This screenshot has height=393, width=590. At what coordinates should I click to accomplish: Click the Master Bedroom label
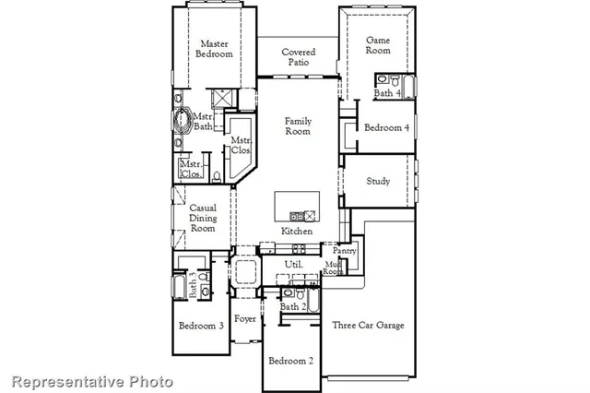coord(215,48)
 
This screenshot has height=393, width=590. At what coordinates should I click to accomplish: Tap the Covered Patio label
coord(298,58)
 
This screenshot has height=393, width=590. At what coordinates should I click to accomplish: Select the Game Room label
coord(379,46)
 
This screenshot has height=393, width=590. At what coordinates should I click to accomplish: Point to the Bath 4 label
coord(387,93)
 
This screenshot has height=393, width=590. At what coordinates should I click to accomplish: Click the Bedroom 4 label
coord(386,127)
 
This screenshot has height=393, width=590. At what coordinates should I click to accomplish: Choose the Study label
coord(379,182)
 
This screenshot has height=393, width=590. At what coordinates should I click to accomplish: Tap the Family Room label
coord(298,126)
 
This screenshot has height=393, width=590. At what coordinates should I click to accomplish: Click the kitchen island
coord(298,206)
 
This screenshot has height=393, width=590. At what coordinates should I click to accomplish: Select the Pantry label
coord(344,251)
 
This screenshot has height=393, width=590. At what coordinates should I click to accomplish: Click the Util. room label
coord(294,265)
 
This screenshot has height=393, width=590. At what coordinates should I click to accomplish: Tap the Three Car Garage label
coord(368,325)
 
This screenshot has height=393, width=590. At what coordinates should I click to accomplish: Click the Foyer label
coord(245,319)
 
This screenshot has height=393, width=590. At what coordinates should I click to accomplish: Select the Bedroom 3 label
coord(201,326)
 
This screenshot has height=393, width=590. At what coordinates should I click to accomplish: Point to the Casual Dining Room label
coord(203,218)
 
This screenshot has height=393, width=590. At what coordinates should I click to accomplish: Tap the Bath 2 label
coord(292,306)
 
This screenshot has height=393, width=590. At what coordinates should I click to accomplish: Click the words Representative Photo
coord(91,380)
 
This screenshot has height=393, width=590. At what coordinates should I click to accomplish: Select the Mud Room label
coord(334,268)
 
